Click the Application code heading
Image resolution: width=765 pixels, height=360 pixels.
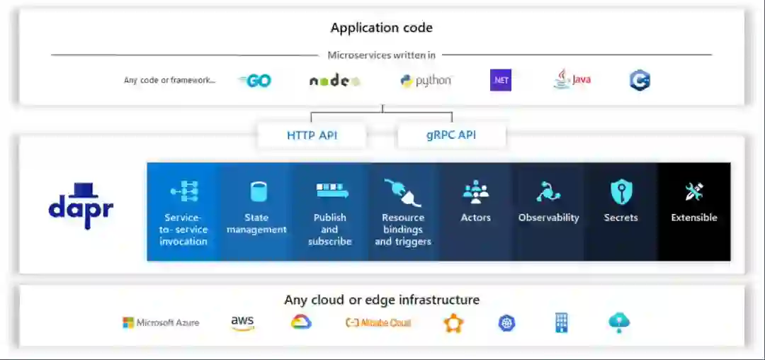pyautogui.click(x=381, y=28)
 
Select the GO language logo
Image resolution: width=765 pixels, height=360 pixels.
pyautogui.click(x=255, y=81)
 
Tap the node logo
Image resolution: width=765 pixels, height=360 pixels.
pyautogui.click(x=334, y=81)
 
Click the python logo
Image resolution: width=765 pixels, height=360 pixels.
pyautogui.click(x=426, y=81)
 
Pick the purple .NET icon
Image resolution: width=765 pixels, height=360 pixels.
pyautogui.click(x=501, y=80)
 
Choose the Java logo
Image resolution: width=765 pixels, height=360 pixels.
pyautogui.click(x=572, y=79)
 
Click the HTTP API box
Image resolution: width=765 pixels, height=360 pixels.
pyautogui.click(x=311, y=135)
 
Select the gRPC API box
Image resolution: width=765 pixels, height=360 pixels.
pyautogui.click(x=451, y=135)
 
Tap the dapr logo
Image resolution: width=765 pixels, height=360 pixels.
pyautogui.click(x=81, y=206)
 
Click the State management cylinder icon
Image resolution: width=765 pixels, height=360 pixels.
pyautogui.click(x=259, y=191)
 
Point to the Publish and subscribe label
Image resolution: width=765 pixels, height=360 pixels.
pyautogui.click(x=330, y=229)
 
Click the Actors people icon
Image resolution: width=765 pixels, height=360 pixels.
pyautogui.click(x=476, y=191)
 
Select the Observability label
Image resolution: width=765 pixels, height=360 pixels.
pyautogui.click(x=548, y=218)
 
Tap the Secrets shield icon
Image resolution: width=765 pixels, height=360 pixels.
pyautogui.click(x=621, y=191)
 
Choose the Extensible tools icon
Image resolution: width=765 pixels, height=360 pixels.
pyautogui.click(x=694, y=191)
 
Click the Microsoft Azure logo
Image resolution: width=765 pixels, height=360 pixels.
pyautogui.click(x=161, y=323)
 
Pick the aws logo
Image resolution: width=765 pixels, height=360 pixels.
pyautogui.click(x=242, y=323)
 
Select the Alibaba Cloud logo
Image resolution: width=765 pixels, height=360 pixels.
pyautogui.click(x=378, y=323)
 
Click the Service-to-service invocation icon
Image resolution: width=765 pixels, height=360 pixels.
pyautogui.click(x=184, y=191)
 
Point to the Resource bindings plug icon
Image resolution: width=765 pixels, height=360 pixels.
pyautogui.click(x=402, y=191)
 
